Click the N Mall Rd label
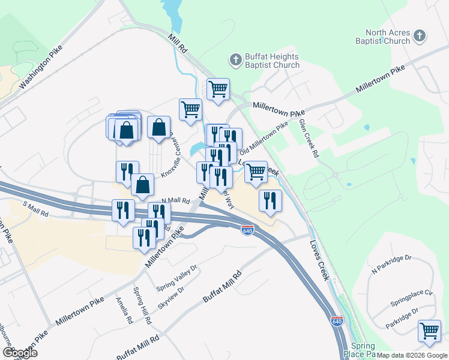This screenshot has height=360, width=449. (175, 201)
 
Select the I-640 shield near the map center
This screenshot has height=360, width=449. (247, 230)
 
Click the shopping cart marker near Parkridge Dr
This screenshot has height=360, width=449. (430, 331)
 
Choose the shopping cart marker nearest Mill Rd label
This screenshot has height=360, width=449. (191, 109)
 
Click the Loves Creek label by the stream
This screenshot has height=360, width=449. (319, 261)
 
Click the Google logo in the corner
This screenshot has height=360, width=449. (19, 353)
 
